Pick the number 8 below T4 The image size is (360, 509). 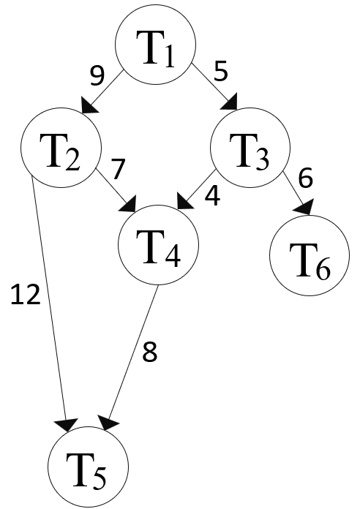click(149, 352)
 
